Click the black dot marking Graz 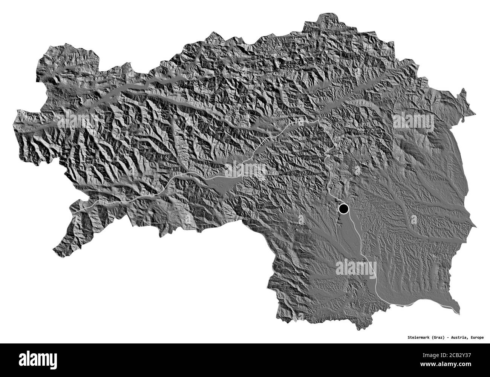click(343, 208)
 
